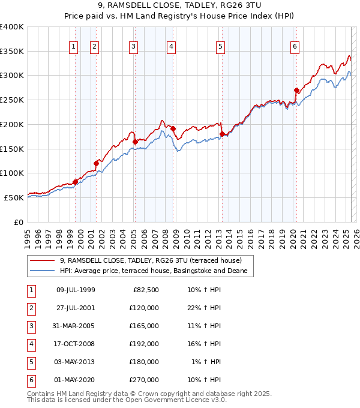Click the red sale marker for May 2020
click(296, 91)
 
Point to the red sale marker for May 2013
click(222, 134)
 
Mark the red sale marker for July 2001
click(96, 163)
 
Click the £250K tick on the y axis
click(12, 100)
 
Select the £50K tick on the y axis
click(14, 197)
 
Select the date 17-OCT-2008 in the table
click(76, 344)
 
